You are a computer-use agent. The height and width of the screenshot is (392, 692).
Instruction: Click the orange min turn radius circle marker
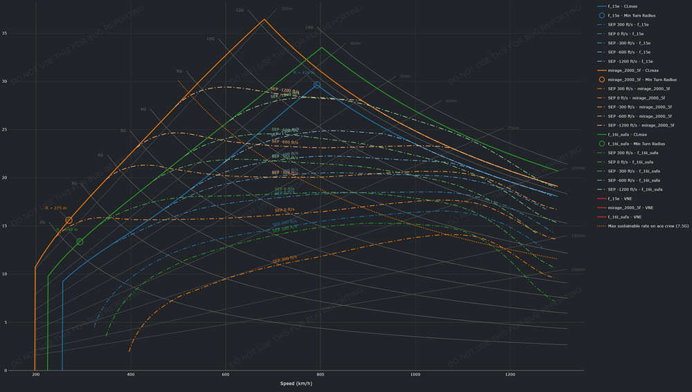(x=69, y=221)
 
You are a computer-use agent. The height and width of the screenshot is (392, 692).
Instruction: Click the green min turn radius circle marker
(x=80, y=242)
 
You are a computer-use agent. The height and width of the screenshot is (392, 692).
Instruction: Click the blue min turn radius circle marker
(x=317, y=85)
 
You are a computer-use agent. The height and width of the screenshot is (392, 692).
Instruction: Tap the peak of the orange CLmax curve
(x=264, y=19)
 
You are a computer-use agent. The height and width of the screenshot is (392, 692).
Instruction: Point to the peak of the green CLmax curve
(x=321, y=47)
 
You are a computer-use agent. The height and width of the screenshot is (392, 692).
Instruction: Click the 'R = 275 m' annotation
(x=56, y=208)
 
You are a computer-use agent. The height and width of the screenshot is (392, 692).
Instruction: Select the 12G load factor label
(x=239, y=10)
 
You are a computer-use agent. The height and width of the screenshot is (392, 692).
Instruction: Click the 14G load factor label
(x=309, y=28)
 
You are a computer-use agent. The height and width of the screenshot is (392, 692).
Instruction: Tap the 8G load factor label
(x=179, y=71)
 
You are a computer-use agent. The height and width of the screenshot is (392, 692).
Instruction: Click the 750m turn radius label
(x=513, y=128)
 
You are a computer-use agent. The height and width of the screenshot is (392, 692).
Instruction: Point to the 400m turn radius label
(x=355, y=44)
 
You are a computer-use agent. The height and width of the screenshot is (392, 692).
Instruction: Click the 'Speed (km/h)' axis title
(x=295, y=384)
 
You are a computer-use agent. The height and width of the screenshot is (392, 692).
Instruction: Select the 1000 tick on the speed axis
(x=415, y=375)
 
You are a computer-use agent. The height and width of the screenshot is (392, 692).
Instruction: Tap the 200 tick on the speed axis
(x=35, y=375)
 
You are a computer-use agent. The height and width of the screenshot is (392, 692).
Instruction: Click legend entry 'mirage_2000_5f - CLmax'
(x=633, y=71)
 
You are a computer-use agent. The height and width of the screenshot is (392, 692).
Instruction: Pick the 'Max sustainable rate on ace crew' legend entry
(x=648, y=226)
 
